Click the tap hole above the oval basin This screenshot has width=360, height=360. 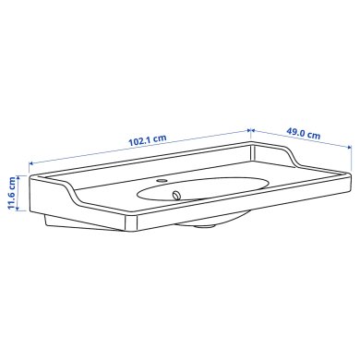(x=162, y=181)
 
